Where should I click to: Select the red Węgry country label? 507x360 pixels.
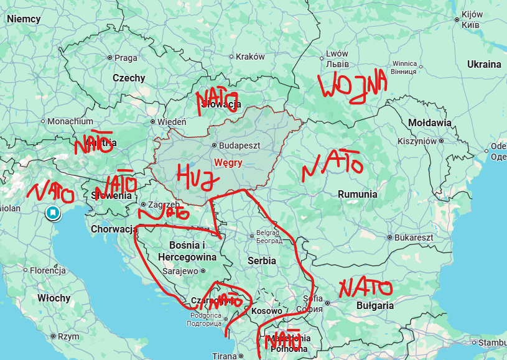(x=228, y=162)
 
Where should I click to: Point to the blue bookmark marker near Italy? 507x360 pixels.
(x=53, y=213)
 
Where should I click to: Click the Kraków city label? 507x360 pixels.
(x=250, y=57)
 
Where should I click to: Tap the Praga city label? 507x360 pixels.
(x=125, y=58)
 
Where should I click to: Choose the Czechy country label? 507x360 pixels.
(x=129, y=78)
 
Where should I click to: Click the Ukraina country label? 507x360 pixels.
(x=484, y=65)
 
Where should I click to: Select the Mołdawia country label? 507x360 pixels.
(x=430, y=123)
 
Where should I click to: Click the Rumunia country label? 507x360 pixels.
(x=357, y=195)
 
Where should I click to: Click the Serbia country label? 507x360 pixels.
(x=261, y=261)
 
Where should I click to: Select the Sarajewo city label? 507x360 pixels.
(x=180, y=271)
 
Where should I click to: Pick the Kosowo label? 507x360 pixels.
(x=267, y=311)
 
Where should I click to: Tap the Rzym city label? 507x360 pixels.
(x=68, y=336)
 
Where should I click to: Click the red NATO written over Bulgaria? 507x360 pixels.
(x=365, y=288)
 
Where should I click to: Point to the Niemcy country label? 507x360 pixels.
(x=24, y=19)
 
